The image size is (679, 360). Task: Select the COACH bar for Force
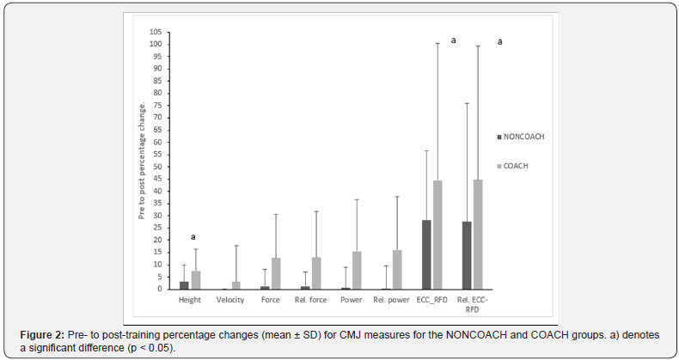pos(275,273)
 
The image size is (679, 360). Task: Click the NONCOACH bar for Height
pos(185,285)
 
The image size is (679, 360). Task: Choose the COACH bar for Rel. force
pos(315,273)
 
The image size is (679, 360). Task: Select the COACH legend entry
pos(517,166)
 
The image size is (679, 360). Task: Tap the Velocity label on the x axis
pos(230,299)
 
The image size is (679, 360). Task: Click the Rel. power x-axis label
pos(391,299)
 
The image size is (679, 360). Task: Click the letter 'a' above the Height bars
pos(193,238)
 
